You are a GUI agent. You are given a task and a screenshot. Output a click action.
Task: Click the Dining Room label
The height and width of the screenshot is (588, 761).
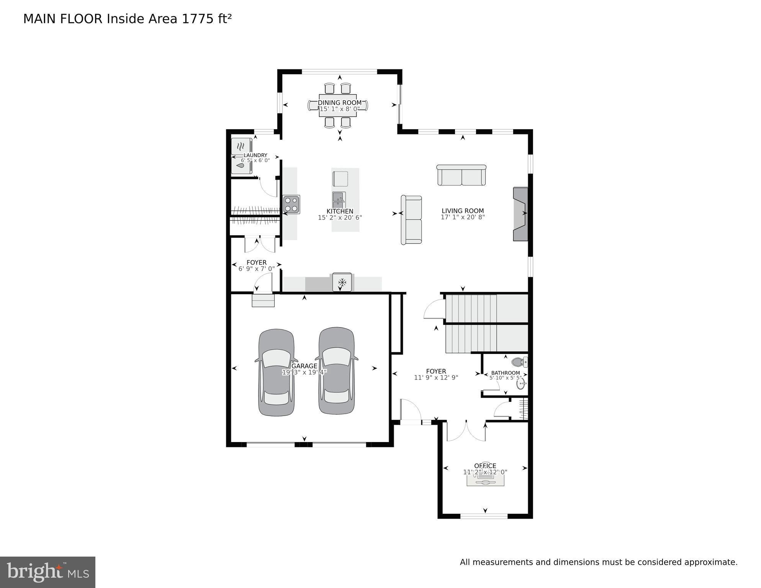pyautogui.click(x=339, y=103)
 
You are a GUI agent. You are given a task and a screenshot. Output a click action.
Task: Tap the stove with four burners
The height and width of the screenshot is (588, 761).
pyautogui.click(x=291, y=204)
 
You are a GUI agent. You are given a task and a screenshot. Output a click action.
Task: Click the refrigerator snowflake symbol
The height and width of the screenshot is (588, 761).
pyautogui.click(x=342, y=283)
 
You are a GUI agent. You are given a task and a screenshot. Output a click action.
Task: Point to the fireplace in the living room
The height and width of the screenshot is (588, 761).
pyautogui.click(x=520, y=214)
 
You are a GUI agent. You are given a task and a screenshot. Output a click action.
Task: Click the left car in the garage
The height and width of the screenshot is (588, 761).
pyautogui.click(x=276, y=372)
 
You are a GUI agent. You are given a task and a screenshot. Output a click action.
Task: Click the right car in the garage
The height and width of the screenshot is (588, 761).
pyautogui.click(x=337, y=370)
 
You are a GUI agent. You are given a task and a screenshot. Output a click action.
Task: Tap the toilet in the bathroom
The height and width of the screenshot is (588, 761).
pyautogui.click(x=519, y=362)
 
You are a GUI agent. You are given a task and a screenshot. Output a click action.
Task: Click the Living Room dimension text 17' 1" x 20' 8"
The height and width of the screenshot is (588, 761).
pyautogui.click(x=463, y=217)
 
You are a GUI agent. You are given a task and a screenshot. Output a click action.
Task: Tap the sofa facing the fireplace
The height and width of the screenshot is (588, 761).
pyautogui.click(x=411, y=219)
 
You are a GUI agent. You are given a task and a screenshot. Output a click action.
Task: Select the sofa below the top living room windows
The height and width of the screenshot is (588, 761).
pyautogui.click(x=462, y=175)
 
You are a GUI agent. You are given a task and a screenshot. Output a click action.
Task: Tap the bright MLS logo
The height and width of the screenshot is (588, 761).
pyautogui.click(x=47, y=572)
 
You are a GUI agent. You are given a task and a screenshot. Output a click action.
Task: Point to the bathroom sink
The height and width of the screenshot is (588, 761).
pyautogui.click(x=520, y=383)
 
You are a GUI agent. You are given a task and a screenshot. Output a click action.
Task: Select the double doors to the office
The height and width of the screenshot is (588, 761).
pyautogui.click(x=466, y=431)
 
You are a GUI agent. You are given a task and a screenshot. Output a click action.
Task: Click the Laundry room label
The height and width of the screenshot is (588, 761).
pyautogui.click(x=255, y=155)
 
